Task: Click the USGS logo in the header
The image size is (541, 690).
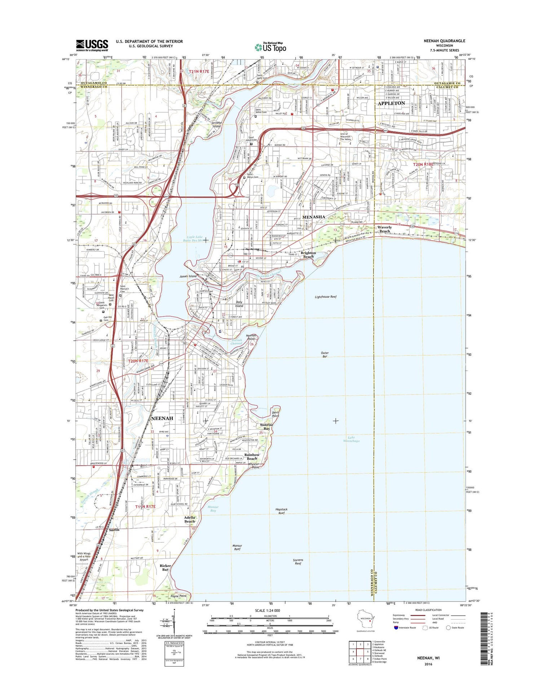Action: pos(92,45)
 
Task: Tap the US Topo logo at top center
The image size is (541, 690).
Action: pos(270,47)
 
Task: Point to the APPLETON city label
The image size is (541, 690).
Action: pos(391,103)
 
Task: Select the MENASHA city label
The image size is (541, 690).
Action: pos(313,217)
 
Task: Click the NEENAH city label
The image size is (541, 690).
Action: pos(162,418)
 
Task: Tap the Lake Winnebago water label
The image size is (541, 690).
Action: pos(351,439)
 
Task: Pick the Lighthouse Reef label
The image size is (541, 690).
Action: pos(325,297)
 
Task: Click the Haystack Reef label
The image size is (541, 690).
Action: pos(281,511)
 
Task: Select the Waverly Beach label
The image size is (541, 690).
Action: pos(384,229)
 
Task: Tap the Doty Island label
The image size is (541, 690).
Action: pos(239,304)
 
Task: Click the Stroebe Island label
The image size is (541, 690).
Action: pos(216,124)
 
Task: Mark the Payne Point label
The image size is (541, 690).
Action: pos(179,596)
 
